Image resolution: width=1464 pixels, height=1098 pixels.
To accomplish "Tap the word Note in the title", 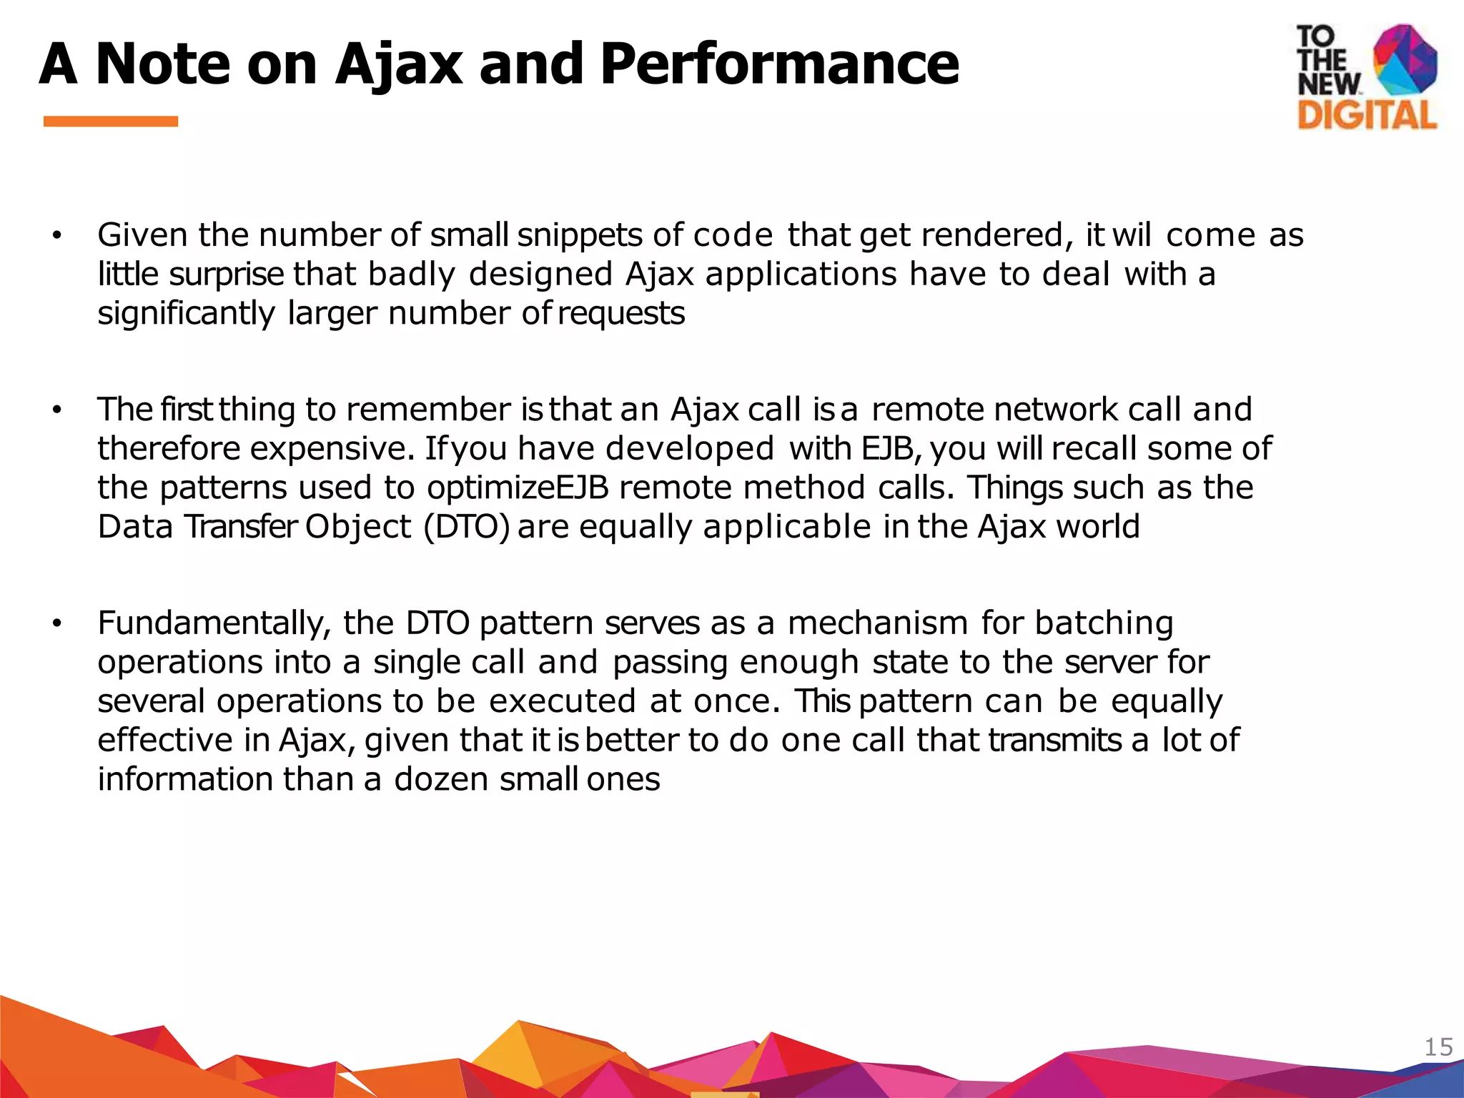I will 163,64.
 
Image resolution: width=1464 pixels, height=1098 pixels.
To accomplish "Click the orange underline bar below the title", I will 111,122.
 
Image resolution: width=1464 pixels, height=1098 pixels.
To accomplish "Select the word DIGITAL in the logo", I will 1367,115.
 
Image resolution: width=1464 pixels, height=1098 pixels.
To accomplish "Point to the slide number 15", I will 1438,1047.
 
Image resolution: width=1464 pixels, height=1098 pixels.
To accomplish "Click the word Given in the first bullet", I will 143,235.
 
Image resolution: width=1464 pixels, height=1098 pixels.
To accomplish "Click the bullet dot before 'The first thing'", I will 57,410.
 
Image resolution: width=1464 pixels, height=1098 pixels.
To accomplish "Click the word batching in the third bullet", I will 1104,623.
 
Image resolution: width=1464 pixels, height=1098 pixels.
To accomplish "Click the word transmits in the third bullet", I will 1055,740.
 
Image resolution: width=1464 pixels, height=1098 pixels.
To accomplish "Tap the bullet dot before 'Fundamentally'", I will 57,624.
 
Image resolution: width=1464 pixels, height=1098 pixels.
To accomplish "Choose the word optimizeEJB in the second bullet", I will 518,488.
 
